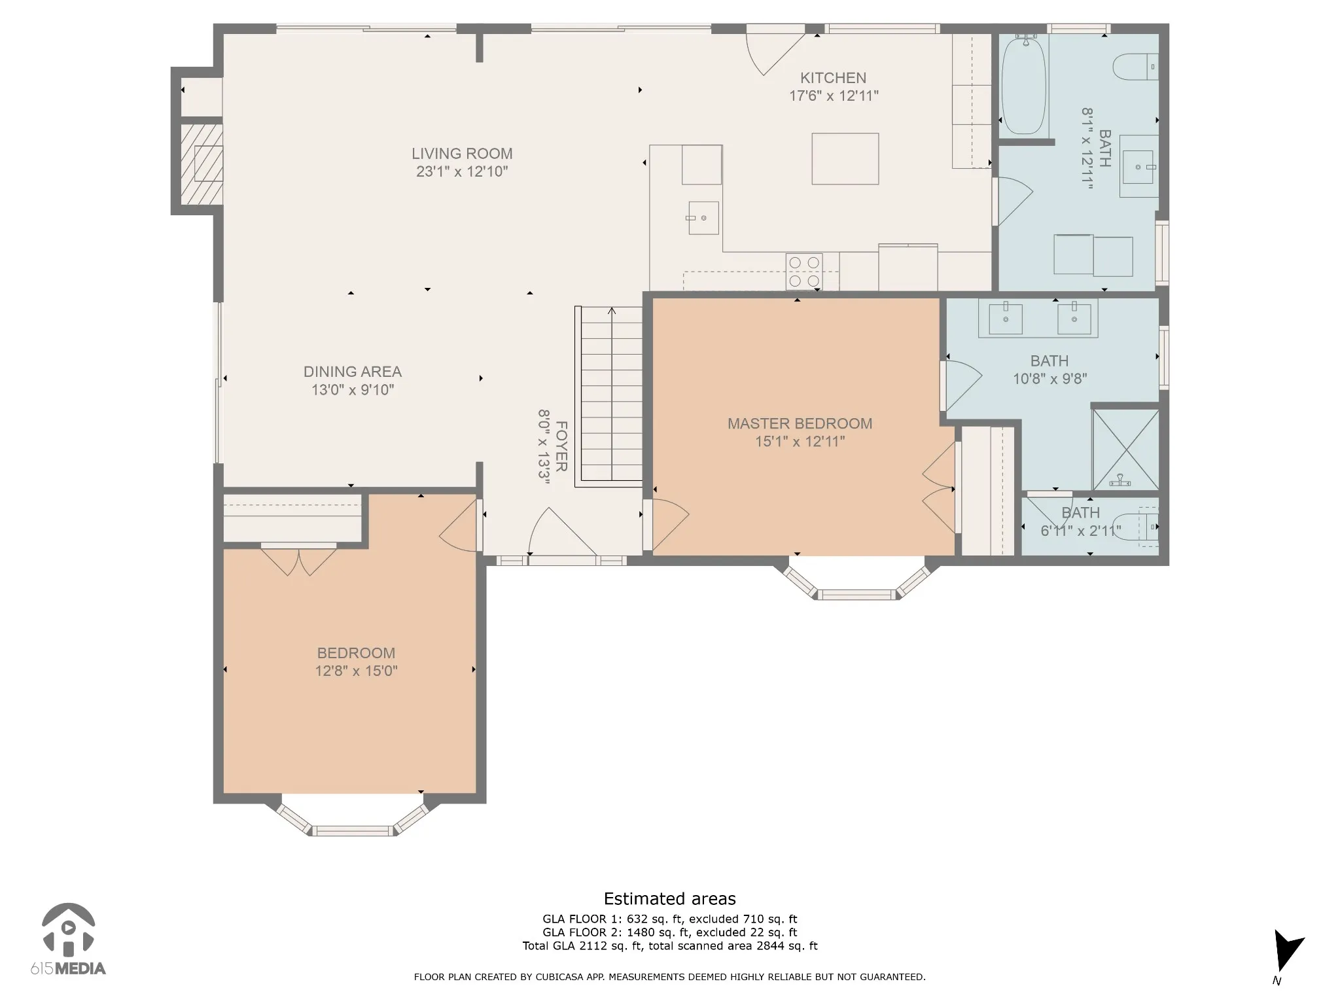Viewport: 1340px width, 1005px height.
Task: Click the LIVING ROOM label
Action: pos(462,154)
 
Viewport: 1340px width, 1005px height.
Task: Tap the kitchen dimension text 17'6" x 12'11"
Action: pos(834,96)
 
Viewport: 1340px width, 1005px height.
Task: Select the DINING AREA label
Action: pos(353,372)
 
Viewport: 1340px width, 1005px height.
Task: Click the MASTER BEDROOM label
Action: pos(800,423)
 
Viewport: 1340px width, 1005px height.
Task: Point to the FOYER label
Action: pos(561,446)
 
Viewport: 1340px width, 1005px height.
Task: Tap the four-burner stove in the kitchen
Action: pos(804,272)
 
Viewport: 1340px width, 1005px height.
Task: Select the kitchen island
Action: pos(845,159)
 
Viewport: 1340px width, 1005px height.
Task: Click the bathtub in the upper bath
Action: pos(1025,85)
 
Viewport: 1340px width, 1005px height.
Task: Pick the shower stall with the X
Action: pos(1126,450)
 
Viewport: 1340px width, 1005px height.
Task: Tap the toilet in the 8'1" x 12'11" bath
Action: pos(1136,67)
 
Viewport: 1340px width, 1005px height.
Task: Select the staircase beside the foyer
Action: pos(609,397)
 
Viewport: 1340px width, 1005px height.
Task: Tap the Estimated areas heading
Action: pos(669,898)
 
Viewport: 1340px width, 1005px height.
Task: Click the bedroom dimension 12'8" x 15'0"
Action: pos(357,671)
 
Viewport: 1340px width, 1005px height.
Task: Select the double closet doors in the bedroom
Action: pos(299,560)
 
